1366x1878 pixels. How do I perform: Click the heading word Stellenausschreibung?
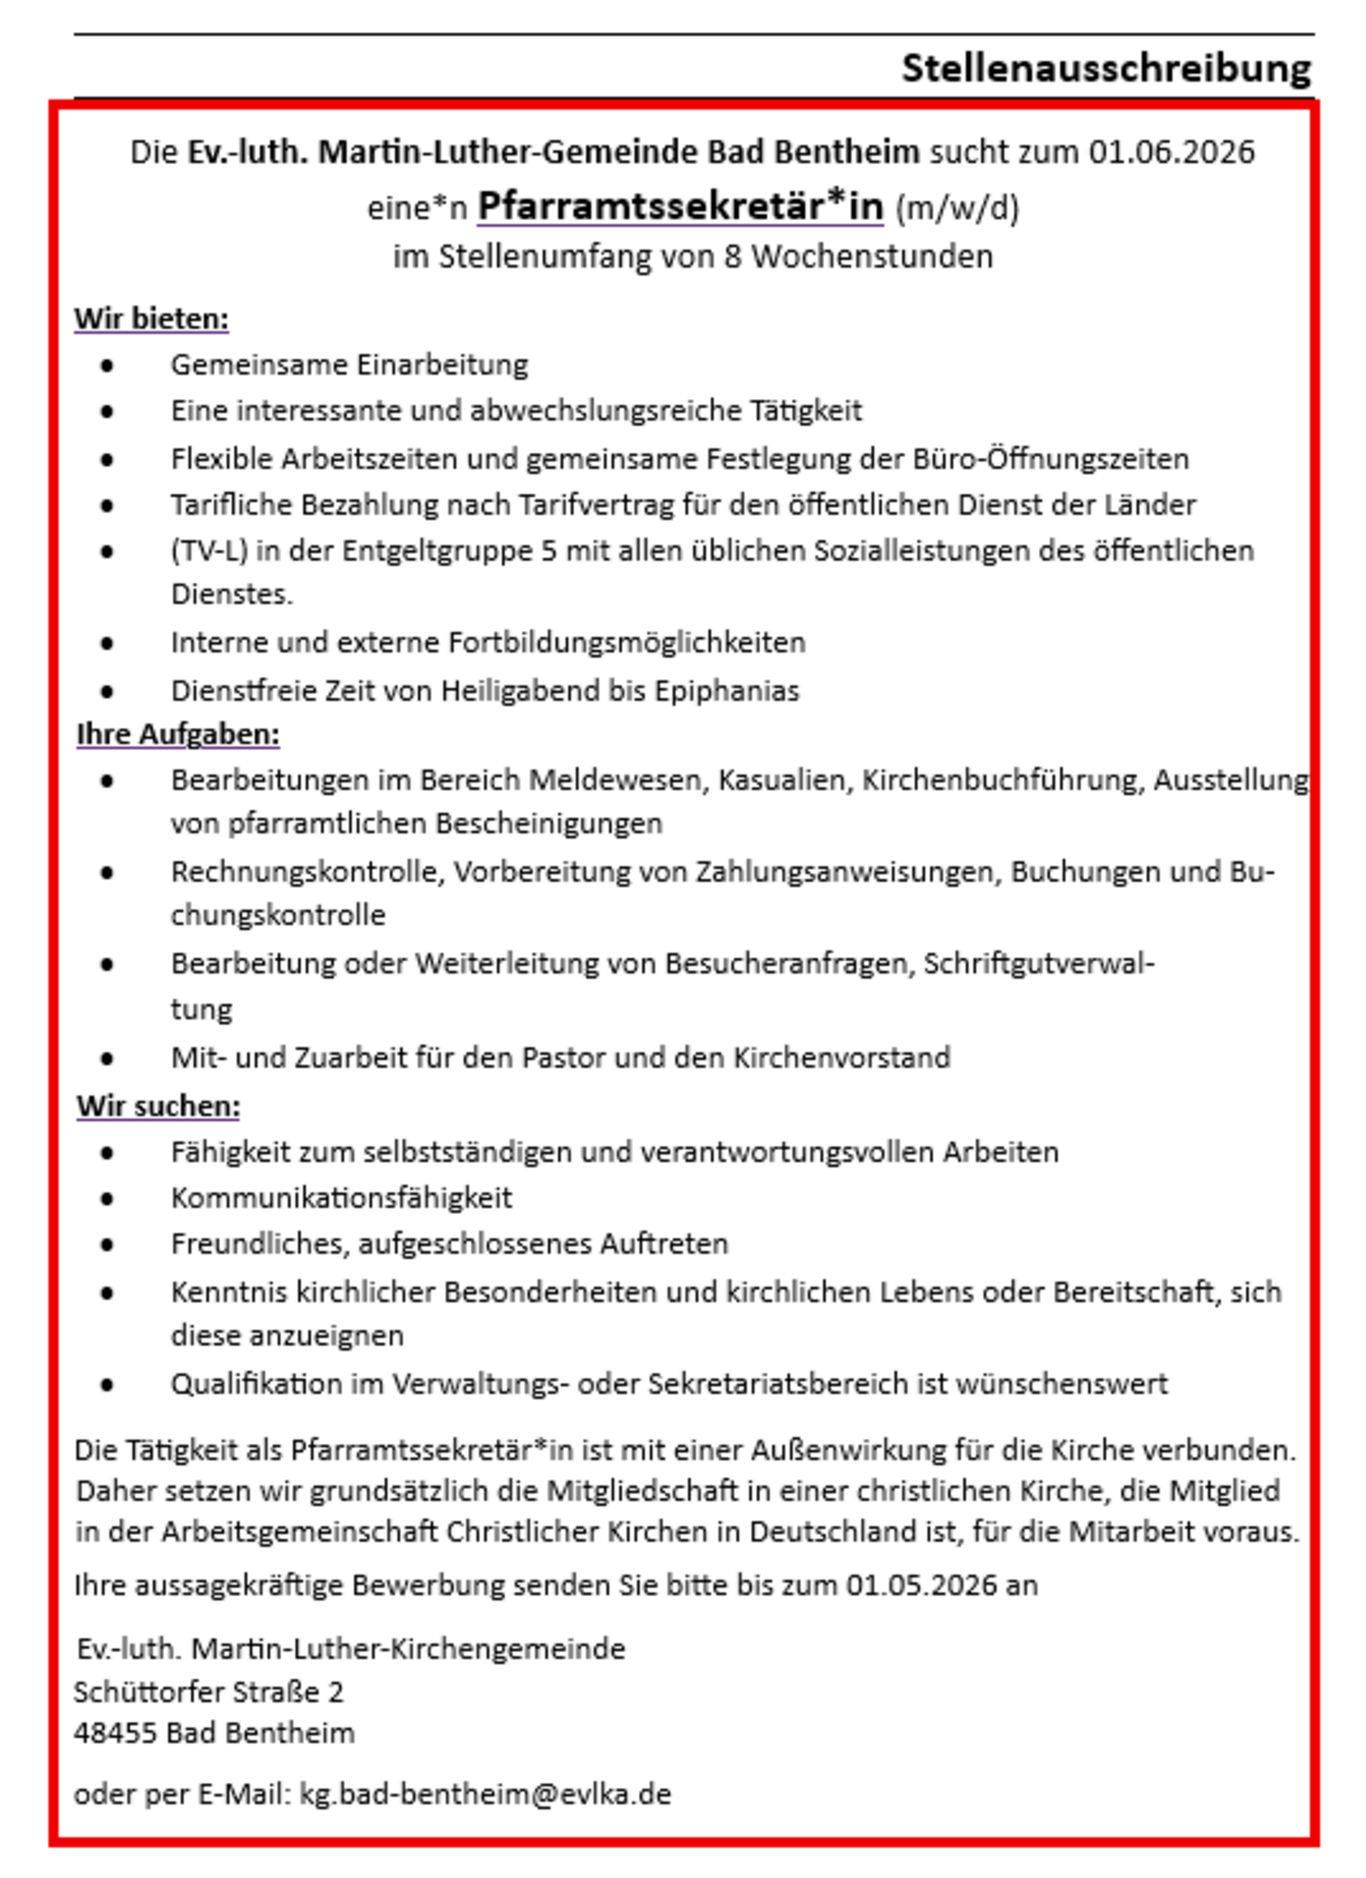pyautogui.click(x=1106, y=68)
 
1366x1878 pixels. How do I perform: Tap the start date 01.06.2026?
pyautogui.click(x=1172, y=153)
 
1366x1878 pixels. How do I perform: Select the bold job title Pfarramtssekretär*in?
pyautogui.click(x=679, y=207)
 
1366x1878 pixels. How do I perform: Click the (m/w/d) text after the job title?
pyautogui.click(x=957, y=208)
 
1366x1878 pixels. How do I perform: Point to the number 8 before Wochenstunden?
pyautogui.click(x=732, y=256)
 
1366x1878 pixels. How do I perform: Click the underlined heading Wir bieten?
pyautogui.click(x=152, y=318)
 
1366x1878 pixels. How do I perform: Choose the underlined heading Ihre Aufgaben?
pyautogui.click(x=178, y=735)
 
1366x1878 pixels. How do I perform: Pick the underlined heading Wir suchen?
pyautogui.click(x=158, y=1106)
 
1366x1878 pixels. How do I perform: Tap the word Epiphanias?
pyautogui.click(x=727, y=691)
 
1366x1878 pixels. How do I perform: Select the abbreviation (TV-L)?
pyautogui.click(x=209, y=550)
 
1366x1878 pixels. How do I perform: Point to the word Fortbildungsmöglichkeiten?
pyautogui.click(x=627, y=643)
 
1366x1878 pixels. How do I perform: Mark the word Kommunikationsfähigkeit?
pyautogui.click(x=341, y=1198)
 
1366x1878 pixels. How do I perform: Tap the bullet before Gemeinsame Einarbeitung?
pyautogui.click(x=107, y=365)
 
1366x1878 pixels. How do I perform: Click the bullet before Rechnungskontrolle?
pyautogui.click(x=107, y=873)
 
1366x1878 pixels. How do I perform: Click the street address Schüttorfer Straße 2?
pyautogui.click(x=209, y=1692)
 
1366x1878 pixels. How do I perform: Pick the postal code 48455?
pyautogui.click(x=114, y=1733)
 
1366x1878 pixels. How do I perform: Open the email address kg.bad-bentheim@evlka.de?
pyautogui.click(x=484, y=1794)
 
